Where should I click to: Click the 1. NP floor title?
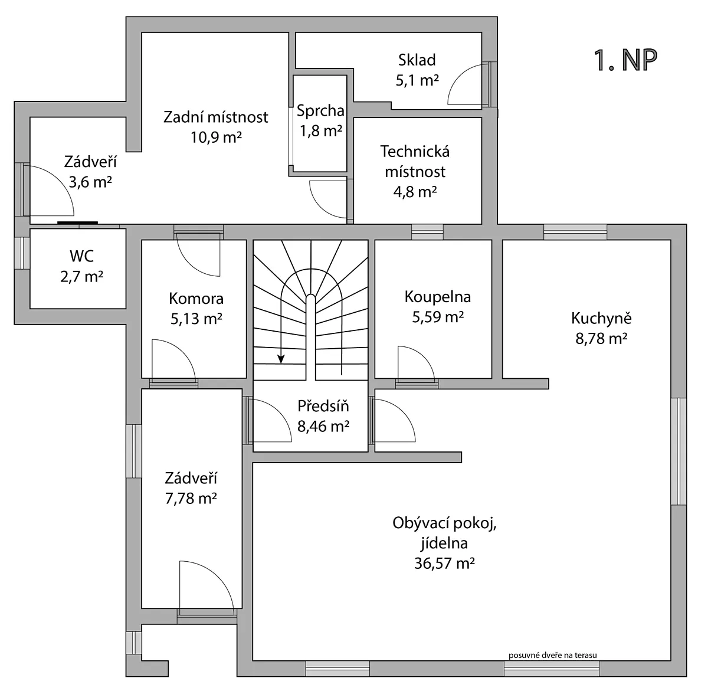pos(626,61)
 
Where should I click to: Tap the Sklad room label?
pos(417,60)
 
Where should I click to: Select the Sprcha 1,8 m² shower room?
pos(320,124)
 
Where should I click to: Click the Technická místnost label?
pos(415,161)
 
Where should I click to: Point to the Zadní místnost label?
pos(216,117)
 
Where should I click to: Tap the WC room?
pos(78,268)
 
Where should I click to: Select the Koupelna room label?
pos(438,297)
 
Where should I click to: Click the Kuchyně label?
pos(601,318)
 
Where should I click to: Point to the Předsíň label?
pos(323,406)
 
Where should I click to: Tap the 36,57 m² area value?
pos(444,564)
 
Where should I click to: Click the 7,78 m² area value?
pos(191,498)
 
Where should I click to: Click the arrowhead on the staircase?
pos(281,359)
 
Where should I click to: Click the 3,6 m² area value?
pos(90,182)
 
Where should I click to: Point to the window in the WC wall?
pos(22,253)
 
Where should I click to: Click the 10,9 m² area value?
pos(216,137)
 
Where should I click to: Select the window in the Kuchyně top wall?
pos(575,232)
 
